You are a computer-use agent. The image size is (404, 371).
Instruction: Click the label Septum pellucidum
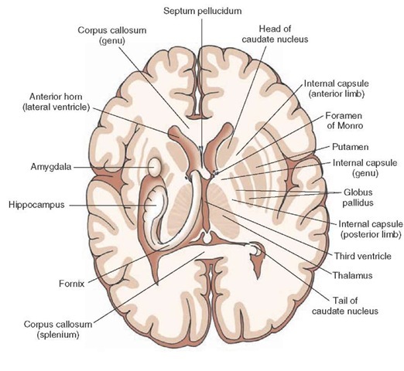click(203, 11)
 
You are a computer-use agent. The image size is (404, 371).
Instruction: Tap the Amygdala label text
click(51, 167)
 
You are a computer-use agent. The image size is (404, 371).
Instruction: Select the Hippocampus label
click(36, 205)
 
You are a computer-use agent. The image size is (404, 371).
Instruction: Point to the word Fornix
click(72, 284)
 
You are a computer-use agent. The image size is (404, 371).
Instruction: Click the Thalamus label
click(352, 275)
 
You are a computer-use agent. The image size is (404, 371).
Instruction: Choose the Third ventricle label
click(363, 256)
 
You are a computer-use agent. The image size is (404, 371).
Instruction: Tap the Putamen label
click(350, 147)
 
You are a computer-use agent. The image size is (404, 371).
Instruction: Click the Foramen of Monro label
click(344, 121)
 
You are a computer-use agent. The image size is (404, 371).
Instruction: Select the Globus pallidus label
click(358, 197)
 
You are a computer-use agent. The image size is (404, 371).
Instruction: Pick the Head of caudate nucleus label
click(275, 34)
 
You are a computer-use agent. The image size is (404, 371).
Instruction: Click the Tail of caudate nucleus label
click(345, 305)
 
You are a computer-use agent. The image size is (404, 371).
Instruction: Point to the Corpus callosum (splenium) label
click(58, 329)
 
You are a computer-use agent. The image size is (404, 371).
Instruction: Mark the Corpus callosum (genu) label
click(112, 36)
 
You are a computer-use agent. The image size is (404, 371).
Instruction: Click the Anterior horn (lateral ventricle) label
click(56, 102)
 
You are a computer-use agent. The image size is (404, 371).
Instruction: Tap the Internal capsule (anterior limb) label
click(337, 88)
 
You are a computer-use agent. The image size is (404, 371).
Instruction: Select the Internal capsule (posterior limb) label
click(371, 229)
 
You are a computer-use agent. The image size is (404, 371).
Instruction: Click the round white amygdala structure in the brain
click(155, 168)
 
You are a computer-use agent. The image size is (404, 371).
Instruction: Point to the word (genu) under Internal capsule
click(365, 173)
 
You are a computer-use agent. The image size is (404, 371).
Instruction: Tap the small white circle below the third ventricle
click(207, 238)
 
